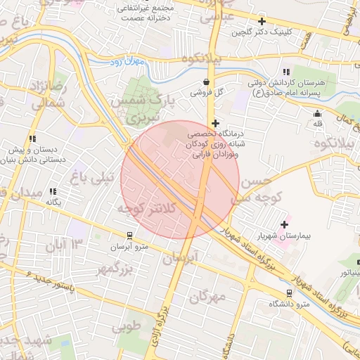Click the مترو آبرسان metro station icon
(129, 236)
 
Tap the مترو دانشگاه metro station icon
(289, 293)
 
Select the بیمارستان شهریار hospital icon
(285, 225)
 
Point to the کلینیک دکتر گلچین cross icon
(262, 22)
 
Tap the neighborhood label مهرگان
(208, 297)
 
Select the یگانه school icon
(53, 191)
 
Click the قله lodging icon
(318, 114)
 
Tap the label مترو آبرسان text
(129, 247)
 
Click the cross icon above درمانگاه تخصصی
(215, 122)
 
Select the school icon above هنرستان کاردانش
(285, 72)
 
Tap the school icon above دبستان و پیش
(32, 139)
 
